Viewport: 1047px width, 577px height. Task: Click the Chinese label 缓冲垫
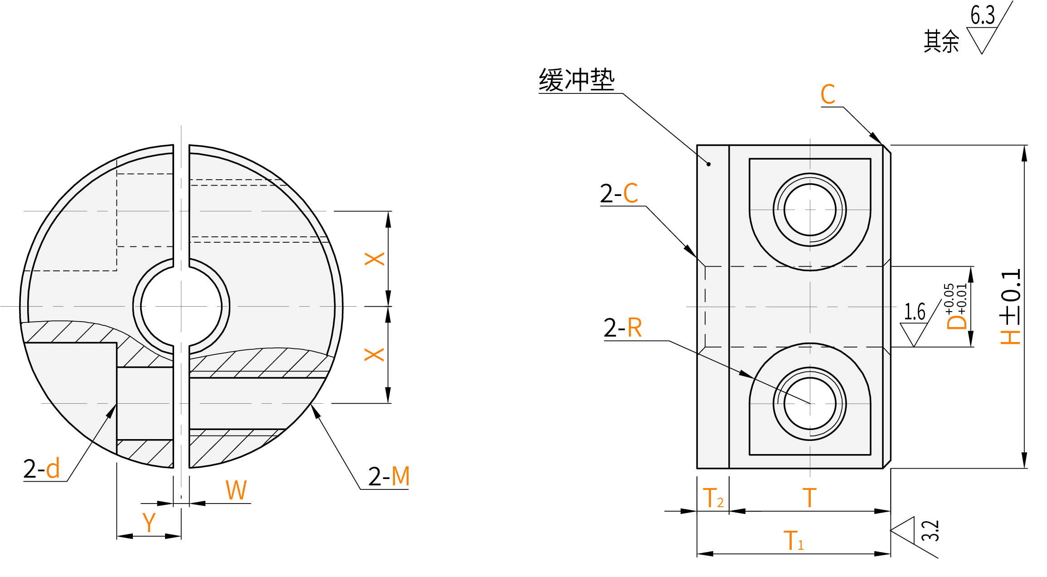point(576,80)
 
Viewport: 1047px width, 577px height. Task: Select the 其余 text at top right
point(941,41)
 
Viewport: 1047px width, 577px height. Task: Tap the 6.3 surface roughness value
point(982,15)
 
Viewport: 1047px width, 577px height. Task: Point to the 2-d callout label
point(41,469)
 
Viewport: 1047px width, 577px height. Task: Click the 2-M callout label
point(389,476)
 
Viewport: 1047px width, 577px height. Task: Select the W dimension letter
point(236,490)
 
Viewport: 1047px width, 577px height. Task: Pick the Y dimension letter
point(149,523)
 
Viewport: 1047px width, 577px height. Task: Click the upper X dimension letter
point(375,259)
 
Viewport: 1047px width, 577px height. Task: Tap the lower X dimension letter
point(375,354)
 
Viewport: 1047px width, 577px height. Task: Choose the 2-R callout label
point(623,328)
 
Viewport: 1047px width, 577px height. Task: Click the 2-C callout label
point(619,194)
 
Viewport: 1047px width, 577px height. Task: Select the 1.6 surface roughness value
point(915,312)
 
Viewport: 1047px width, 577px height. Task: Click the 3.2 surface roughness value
point(930,531)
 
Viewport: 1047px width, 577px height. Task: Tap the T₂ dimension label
point(713,498)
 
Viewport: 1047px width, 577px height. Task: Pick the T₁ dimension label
point(793,541)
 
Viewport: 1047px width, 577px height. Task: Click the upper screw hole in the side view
point(810,210)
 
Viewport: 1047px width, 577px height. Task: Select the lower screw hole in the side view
point(810,403)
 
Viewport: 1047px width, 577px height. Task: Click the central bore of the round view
point(181,307)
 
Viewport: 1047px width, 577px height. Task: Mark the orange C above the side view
point(828,94)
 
